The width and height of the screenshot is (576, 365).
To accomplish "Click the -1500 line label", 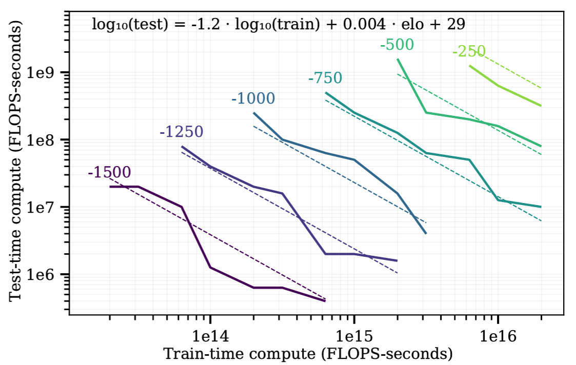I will (x=109, y=172).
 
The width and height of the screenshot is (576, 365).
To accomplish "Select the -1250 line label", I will (x=182, y=132).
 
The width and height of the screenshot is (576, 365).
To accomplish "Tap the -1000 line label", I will (x=253, y=98).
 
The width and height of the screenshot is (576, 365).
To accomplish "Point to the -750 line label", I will (x=325, y=78).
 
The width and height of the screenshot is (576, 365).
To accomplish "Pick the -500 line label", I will (x=396, y=45).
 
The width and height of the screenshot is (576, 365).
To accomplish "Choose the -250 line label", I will (x=469, y=52).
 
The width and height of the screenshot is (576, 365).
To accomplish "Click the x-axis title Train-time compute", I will (x=308, y=354).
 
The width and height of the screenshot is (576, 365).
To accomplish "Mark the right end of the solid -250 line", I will (x=541, y=106).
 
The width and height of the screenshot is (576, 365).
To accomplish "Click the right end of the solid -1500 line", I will (x=325, y=301).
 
